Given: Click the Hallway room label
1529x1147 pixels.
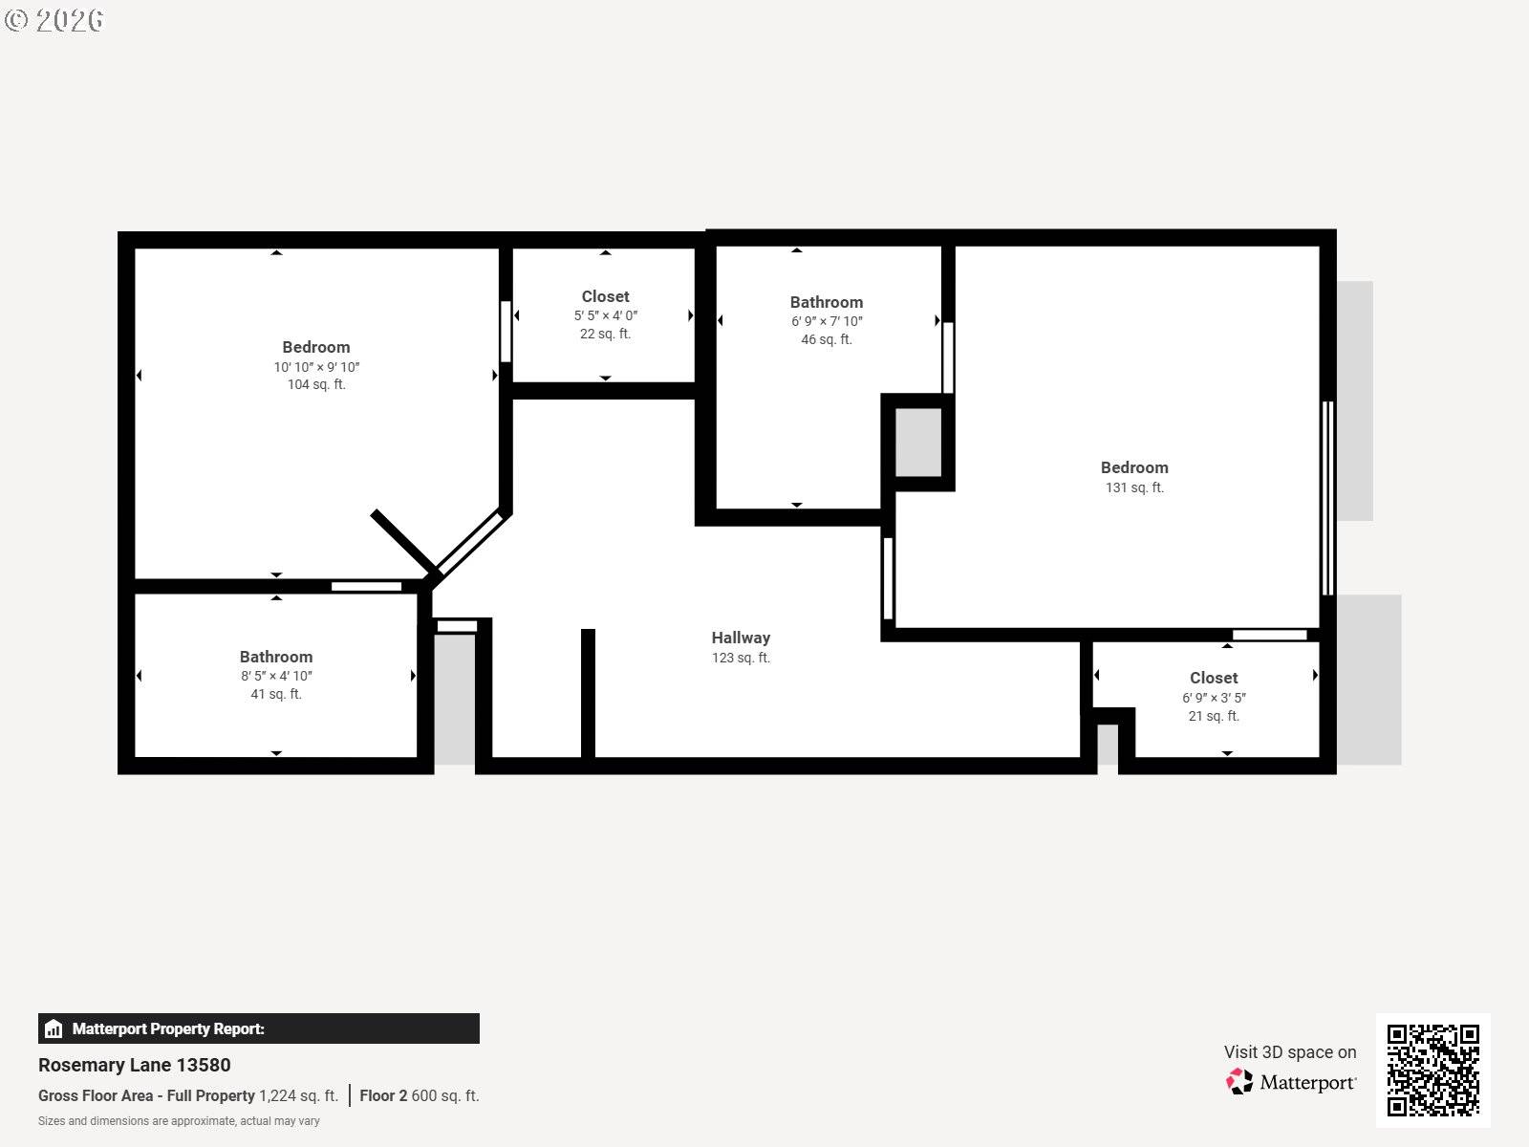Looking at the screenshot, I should pos(741,638).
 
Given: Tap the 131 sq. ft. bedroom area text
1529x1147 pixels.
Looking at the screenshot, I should pos(1134,487).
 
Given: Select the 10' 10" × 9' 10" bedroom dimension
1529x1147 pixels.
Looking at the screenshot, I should pos(316,367).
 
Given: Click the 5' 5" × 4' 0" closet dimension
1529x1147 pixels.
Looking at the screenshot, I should pos(605,315).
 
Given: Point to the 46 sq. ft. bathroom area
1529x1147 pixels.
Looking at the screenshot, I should pos(826,339).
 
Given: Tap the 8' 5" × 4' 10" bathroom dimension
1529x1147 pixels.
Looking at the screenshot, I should pos(276,676).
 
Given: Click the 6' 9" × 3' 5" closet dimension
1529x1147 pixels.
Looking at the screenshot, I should pos(1214,698).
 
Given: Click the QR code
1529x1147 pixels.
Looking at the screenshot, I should pos(1432,1070).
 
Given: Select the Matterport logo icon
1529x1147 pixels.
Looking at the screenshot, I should pos(1239,1081).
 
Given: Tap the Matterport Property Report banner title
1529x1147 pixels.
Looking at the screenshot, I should pos(168,1028).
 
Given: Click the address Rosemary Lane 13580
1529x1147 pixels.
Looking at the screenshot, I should pos(135,1065).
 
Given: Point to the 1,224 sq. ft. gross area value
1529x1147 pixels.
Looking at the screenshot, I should pos(298,1095).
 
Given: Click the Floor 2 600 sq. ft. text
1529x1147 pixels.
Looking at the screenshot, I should pos(419,1095).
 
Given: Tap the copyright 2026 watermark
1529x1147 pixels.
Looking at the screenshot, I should pos(55,19).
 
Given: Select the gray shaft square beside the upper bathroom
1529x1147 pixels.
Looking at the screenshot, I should pos(917,442).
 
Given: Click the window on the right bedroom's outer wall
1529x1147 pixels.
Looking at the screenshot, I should pos(1326,497).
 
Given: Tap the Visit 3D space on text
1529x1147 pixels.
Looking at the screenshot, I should pos(1289,1051).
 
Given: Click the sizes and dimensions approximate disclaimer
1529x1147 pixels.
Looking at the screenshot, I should pos(179,1121).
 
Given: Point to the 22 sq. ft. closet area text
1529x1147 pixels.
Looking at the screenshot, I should pos(605,334).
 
